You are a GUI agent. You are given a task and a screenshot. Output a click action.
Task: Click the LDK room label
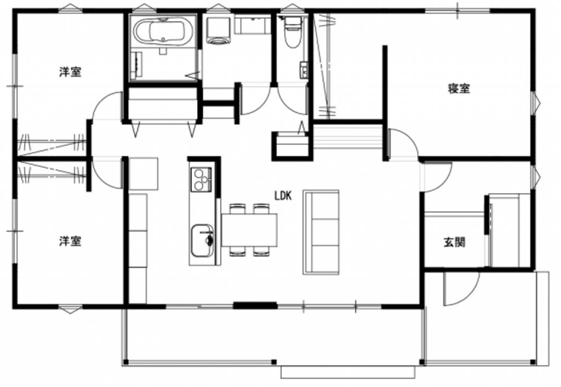coord(283,196)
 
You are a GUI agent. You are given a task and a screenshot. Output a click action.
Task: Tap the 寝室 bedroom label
coord(459,88)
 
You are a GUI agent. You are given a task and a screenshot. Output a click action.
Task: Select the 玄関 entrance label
coord(454,242)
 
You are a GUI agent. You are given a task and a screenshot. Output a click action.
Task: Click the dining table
coord(249,230)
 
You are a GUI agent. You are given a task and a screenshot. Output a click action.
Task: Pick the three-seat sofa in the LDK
coord(321,232)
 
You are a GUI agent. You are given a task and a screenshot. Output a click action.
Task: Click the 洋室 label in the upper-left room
coord(70,72)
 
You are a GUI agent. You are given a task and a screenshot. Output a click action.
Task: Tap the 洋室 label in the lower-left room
coord(70,241)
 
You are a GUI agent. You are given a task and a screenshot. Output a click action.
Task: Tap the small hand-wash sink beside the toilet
coord(304,70)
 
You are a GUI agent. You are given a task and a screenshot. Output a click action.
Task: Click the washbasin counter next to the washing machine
coord(252,26)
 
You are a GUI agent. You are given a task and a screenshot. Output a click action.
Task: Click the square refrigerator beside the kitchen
coord(144,174)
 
